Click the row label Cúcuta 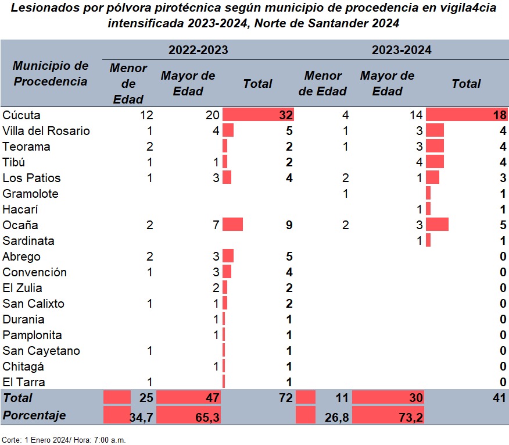[x=21, y=115]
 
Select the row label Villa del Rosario [x=46, y=131]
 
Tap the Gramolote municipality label [x=31, y=194]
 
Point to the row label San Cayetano [x=41, y=351]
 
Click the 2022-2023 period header [x=198, y=50]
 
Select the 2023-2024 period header [x=402, y=50]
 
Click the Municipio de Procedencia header [x=51, y=73]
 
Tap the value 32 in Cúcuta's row [x=285, y=115]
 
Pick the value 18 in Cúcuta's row [x=500, y=115]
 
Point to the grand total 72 [x=285, y=398]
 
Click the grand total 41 [x=499, y=398]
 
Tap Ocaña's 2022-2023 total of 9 [x=289, y=225]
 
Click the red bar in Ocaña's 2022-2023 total [x=232, y=225]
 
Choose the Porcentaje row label [x=34, y=416]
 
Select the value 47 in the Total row [x=212, y=398]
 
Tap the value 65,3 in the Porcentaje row [x=208, y=416]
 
